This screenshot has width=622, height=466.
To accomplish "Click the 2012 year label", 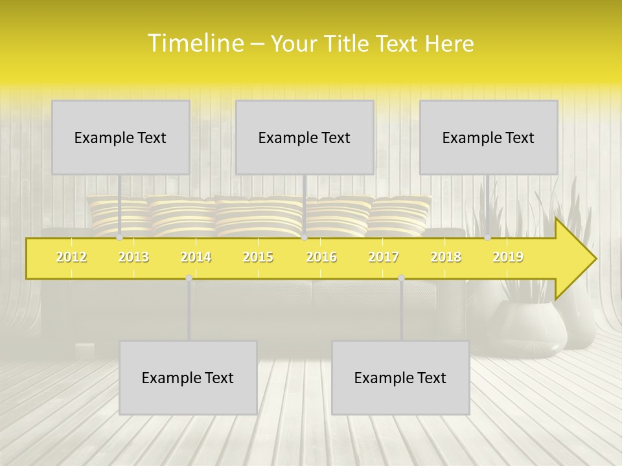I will point(71,257).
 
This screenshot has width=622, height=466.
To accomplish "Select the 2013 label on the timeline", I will point(133,257).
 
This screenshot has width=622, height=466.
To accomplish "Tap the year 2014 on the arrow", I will point(196,257).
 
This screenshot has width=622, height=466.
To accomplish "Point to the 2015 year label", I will point(258,257).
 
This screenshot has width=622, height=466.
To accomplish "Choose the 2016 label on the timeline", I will point(321,257).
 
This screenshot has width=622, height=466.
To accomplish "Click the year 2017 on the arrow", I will point(384,257).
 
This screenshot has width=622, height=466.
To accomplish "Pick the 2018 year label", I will point(446,257).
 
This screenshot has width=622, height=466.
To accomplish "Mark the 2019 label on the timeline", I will point(508,257).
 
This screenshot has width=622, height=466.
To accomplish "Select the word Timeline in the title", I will point(194,43).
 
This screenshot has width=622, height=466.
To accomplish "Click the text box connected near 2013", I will point(121,137).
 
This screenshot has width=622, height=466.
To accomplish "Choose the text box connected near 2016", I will point(305,137).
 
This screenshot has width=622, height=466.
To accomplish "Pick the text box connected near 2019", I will point(489,137).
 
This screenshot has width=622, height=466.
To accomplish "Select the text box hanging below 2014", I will point(188,377).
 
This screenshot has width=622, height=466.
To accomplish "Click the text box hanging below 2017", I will point(400,377).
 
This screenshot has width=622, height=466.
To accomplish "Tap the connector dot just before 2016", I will point(304,238).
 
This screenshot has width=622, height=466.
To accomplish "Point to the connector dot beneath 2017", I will point(401,278).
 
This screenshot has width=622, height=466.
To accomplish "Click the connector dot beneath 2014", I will point(189,278).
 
